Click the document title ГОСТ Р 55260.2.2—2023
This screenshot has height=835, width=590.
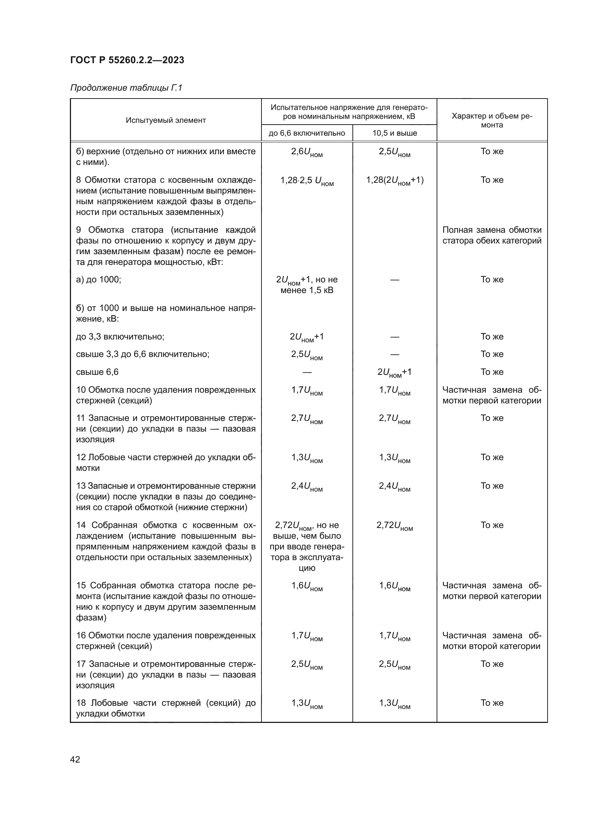pos(127,60)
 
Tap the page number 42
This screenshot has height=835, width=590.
pos(75,759)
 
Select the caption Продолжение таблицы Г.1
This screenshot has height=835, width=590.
pos(126,88)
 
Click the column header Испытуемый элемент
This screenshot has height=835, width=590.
pos(166,120)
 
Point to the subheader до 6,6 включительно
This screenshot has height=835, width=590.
pos(307,133)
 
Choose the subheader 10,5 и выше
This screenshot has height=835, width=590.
pos(395,133)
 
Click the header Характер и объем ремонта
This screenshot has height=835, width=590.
pos(492,120)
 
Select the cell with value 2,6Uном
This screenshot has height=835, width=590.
pos(307,152)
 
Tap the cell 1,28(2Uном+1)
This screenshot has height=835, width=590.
pos(395,180)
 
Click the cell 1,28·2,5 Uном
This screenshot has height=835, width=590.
pos(307,180)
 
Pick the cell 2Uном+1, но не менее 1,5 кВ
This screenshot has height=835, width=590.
pos(307,285)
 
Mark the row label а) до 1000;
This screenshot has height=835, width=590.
pos(98,280)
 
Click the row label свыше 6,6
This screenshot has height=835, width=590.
pos(97,372)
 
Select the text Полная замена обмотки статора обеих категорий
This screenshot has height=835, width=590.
pos(492,235)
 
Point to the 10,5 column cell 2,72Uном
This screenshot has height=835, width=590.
pos(395,526)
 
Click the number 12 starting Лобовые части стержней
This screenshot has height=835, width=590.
pos(81,458)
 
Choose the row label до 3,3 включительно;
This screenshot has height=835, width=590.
pos(120,337)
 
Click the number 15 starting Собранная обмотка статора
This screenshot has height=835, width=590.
pos(81,585)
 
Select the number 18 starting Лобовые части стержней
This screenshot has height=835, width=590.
pos(81,703)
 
